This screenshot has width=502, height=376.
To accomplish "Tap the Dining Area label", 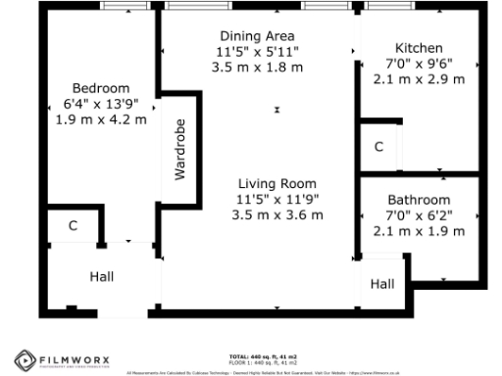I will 258,35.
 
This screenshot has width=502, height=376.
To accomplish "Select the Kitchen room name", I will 419,48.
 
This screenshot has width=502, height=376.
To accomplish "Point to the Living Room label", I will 277,183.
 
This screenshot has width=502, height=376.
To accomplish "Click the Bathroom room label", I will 419,199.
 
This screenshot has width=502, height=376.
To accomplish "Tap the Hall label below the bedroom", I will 102,277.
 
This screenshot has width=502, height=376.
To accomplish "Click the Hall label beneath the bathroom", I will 382,284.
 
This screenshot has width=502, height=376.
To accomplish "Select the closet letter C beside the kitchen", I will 378,147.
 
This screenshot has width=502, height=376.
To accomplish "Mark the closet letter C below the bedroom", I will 73,226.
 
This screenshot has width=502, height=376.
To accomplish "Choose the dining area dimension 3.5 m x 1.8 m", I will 258,68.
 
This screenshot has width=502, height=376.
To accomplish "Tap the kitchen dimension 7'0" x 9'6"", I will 419,64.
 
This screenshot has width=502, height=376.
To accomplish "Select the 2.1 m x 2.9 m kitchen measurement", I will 419,79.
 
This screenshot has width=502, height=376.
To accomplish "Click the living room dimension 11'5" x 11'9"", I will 277,199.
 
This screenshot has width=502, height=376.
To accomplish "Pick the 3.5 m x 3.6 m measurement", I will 277,215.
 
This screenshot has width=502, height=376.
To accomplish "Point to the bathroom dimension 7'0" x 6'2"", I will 419,214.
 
